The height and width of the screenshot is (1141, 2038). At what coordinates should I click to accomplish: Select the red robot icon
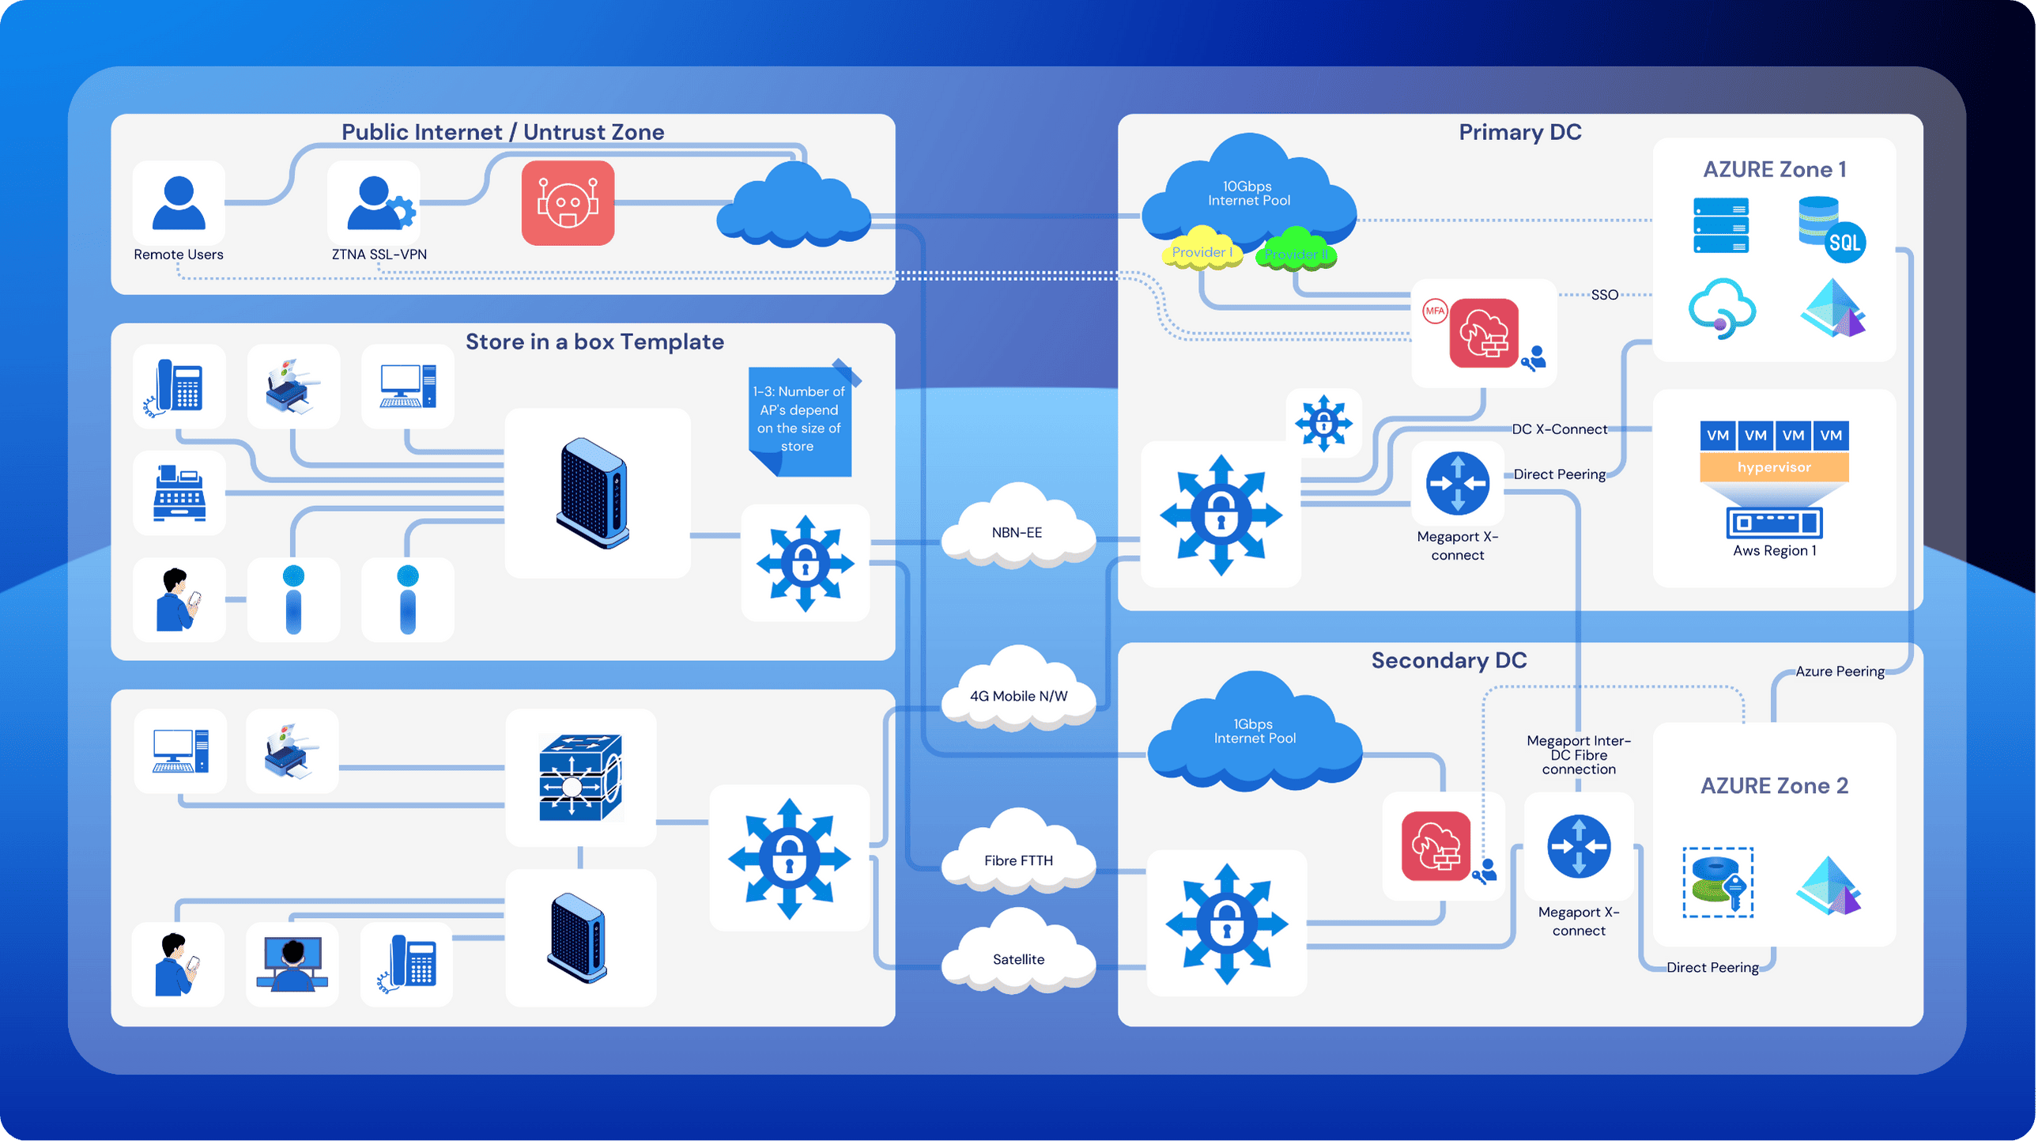click(x=568, y=203)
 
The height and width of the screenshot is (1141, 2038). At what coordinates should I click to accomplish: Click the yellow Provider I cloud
click(x=1200, y=251)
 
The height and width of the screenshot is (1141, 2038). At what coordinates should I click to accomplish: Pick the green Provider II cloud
click(x=1296, y=252)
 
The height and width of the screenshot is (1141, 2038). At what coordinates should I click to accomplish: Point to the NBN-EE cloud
click(x=1017, y=531)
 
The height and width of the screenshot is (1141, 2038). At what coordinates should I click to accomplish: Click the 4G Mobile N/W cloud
click(x=1018, y=694)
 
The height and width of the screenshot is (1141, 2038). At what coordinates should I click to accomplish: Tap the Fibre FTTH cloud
click(x=1018, y=859)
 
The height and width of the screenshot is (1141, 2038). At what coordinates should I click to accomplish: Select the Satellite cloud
click(x=1018, y=958)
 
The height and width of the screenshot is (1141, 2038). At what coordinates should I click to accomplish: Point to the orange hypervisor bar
click(x=1774, y=467)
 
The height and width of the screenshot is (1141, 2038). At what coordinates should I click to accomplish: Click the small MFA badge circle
click(x=1435, y=311)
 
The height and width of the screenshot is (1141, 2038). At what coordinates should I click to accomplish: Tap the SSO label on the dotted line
click(x=1605, y=294)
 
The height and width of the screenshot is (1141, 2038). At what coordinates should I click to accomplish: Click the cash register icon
click(x=179, y=493)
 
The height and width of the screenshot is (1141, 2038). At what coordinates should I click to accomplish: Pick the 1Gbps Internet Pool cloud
click(x=1255, y=732)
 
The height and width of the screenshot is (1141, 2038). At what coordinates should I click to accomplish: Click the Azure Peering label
click(x=1840, y=671)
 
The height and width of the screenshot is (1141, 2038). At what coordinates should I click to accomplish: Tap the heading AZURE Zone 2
click(x=1774, y=785)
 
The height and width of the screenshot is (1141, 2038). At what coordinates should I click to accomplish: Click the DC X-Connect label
click(x=1560, y=429)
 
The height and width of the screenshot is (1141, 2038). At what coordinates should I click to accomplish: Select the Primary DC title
click(x=1519, y=132)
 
